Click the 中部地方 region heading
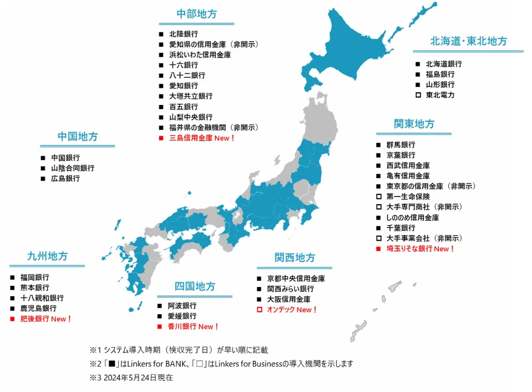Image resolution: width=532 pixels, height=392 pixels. point(196,14)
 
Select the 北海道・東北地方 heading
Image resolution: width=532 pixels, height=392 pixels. point(468,42)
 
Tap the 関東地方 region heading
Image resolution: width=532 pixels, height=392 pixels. point(414,124)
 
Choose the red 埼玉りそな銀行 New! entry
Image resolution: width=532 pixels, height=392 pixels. point(421,249)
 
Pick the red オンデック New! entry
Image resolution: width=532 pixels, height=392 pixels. point(292,309)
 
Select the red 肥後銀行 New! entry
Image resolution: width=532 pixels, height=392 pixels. point(46,318)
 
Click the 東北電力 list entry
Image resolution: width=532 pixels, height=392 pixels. point(440,95)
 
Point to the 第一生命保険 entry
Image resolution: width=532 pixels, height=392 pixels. point(408,197)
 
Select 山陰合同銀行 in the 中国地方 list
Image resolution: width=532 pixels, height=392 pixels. point(73,168)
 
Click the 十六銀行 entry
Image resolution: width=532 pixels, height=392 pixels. point(184,65)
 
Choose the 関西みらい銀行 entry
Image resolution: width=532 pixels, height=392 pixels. point(290,289)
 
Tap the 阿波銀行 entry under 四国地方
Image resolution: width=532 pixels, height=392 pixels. point(182,306)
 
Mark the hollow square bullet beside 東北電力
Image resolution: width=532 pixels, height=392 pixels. point(418,95)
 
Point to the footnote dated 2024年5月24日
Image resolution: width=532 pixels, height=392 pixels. point(131,378)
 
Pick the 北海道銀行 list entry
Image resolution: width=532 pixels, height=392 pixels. point(444,64)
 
